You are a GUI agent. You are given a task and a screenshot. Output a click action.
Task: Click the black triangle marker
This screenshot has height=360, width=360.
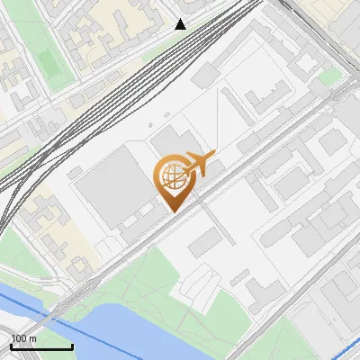[181, 24]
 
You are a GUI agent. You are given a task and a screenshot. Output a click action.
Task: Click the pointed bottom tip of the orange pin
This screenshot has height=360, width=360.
[172, 210]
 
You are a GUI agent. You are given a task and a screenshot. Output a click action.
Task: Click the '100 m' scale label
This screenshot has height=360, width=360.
[23, 338]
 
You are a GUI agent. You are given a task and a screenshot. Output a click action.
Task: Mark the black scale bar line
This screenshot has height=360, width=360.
[41, 346]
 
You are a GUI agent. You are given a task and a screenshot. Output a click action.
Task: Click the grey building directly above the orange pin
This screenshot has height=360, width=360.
[167, 140]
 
